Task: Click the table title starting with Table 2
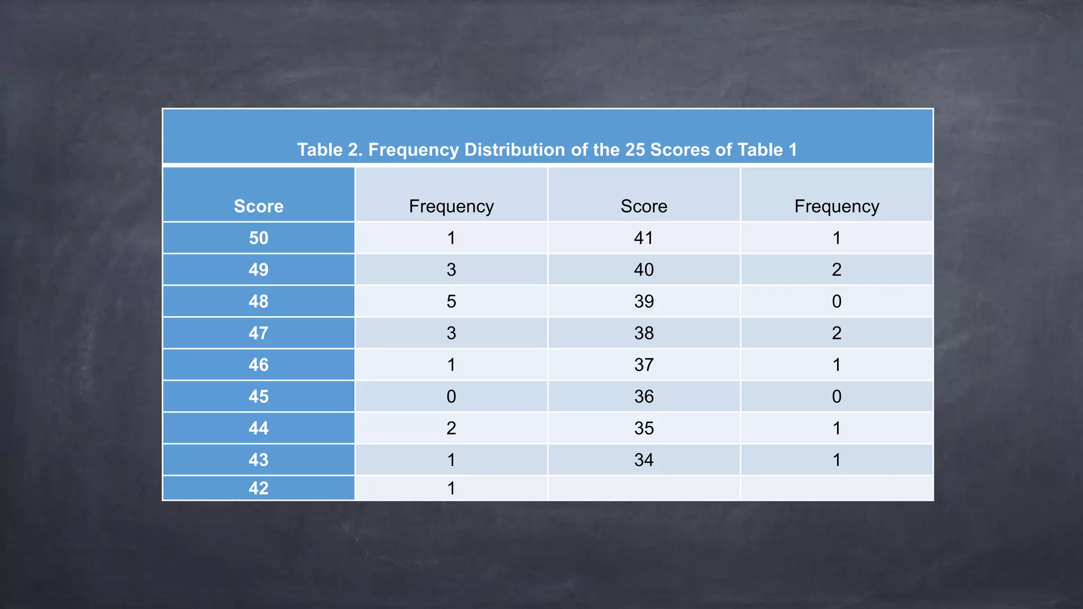[547, 150]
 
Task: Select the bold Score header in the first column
[259, 206]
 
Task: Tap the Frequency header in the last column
[837, 206]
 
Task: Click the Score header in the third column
[644, 206]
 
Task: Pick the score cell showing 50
[259, 238]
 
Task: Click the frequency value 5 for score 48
[451, 301]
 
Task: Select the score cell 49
[259, 270]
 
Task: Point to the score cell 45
[259, 396]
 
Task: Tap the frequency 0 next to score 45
[451, 396]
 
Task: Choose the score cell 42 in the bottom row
[259, 488]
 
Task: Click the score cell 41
[644, 238]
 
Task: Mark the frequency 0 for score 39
[837, 301]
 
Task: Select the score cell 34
[644, 460]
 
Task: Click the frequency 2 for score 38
[837, 333]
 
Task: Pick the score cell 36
[644, 396]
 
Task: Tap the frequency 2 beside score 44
[451, 428]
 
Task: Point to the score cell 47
[259, 333]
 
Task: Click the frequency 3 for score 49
[451, 270]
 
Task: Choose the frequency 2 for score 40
[837, 270]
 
